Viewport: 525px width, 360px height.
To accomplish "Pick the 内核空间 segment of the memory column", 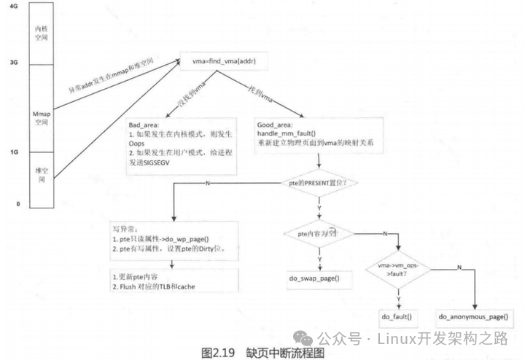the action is (x=42, y=34).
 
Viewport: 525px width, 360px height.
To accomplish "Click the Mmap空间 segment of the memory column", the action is (x=42, y=120).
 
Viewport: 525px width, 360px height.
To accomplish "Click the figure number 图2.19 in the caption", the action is (x=217, y=351).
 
